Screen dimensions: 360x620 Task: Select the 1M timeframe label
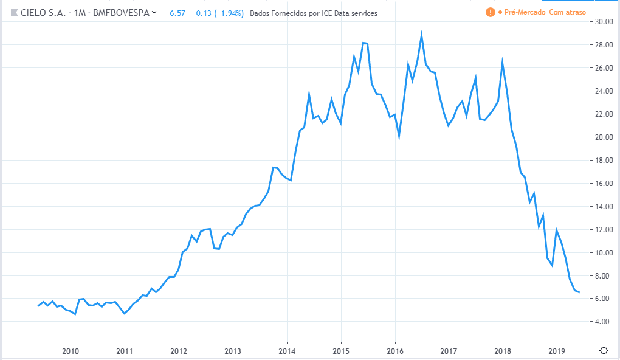(x=80, y=12)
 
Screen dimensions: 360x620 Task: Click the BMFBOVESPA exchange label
(x=120, y=12)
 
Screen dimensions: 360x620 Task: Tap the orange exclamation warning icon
(x=490, y=12)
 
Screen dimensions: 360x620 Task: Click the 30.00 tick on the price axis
(x=604, y=22)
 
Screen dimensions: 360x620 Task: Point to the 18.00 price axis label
(x=604, y=161)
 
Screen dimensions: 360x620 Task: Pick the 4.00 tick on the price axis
(x=604, y=322)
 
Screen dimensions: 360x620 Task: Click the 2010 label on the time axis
(x=71, y=351)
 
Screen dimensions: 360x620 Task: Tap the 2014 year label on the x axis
(x=287, y=351)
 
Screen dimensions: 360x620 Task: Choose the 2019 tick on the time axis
(x=557, y=351)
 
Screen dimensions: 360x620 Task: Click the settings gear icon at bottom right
(x=604, y=350)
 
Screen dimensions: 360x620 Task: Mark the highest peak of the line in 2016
(x=421, y=35)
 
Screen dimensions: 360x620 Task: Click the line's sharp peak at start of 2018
(x=503, y=60)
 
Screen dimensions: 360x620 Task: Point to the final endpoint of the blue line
(x=579, y=292)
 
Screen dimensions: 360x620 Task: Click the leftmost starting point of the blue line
(x=38, y=305)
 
